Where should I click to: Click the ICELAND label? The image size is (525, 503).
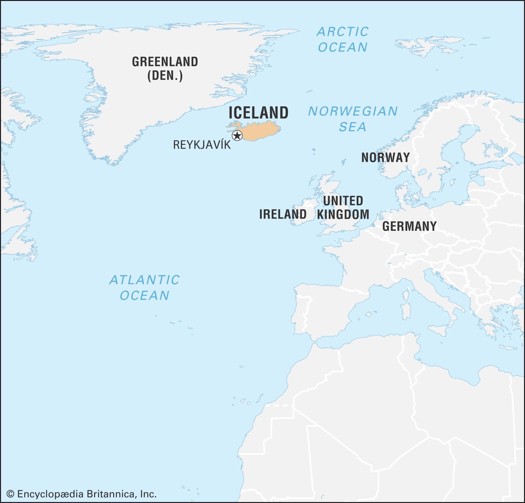258,113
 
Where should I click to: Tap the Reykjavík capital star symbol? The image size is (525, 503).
237,135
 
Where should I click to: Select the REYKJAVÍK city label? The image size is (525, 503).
202,145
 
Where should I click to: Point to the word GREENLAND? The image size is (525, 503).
165,62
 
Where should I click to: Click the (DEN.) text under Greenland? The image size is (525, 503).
165,76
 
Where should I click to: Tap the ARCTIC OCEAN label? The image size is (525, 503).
343,39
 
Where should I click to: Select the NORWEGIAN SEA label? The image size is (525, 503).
353,119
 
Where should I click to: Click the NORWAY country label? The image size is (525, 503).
386,158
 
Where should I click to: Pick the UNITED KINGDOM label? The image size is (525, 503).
343,208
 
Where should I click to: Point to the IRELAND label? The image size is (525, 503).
283,214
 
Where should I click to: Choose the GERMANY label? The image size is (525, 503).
409,226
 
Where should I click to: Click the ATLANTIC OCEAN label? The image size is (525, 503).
144,288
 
